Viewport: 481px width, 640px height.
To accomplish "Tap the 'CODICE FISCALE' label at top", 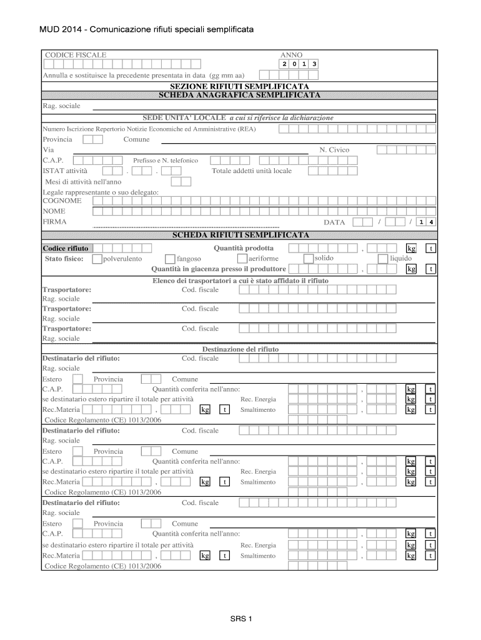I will [x=76, y=55].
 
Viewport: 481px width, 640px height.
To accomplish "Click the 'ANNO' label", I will [x=291, y=55].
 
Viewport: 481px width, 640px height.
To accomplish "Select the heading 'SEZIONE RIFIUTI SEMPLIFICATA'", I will [x=240, y=86].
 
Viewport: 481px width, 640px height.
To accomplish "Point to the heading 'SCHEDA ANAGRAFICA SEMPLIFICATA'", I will [x=240, y=95].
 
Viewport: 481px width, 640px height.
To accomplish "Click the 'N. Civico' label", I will [x=334, y=150].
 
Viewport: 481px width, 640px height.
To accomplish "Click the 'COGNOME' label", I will [x=62, y=201].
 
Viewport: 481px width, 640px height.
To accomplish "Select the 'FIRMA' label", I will [x=54, y=222].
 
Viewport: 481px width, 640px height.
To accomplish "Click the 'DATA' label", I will [x=334, y=222].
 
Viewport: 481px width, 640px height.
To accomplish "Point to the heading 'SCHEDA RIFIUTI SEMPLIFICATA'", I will [x=240, y=235].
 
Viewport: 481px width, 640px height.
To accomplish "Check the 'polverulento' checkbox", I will [x=97, y=259].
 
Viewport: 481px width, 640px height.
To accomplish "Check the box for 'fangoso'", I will [x=170, y=259].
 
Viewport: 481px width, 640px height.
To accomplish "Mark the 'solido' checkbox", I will [x=308, y=258].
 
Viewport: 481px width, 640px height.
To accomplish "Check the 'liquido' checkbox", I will [x=383, y=258].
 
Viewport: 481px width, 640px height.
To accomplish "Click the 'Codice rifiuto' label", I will [x=65, y=248].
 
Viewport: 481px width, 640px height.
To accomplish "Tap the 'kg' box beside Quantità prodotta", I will [x=411, y=249].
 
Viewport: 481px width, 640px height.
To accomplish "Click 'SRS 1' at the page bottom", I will [x=240, y=619].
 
